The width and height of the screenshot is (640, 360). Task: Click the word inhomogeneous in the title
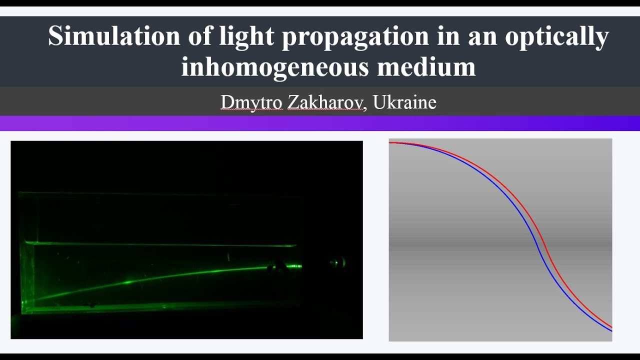pyautogui.click(x=274, y=66)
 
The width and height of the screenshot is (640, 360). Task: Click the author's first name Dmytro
pyautogui.click(x=251, y=102)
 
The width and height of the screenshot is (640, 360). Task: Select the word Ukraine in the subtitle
pyautogui.click(x=404, y=102)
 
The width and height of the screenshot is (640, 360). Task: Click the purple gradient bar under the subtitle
pyautogui.click(x=320, y=123)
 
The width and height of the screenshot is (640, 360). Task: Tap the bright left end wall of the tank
pyautogui.click(x=25, y=275)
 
